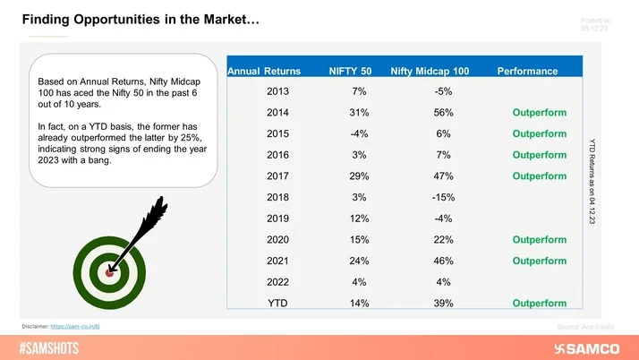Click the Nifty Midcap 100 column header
tap(429, 70)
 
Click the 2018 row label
tap(277, 197)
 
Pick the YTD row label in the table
tap(277, 304)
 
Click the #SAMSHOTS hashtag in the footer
tap(53, 347)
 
